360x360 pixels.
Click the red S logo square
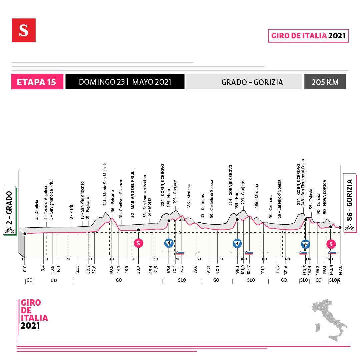pos(24,30)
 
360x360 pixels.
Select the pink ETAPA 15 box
pos(37,82)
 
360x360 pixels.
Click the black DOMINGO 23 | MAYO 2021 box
pos(125,82)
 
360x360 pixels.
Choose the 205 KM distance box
pos(325,82)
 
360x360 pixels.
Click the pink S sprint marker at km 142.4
pos(331,244)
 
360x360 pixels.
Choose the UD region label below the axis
pos(54,281)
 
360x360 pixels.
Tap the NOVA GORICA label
pos(325,197)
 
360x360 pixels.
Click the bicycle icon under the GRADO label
pos(9,230)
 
